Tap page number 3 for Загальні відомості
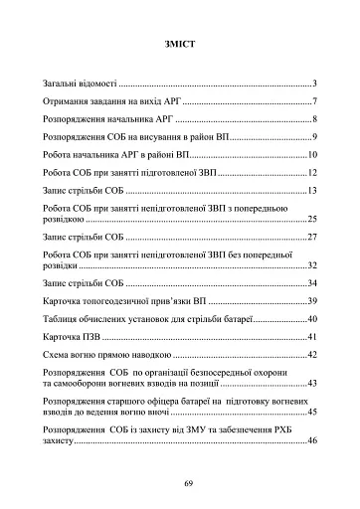point(313,84)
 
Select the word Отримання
point(70,101)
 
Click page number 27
point(311,238)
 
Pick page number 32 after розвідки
point(311,265)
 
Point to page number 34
point(311,283)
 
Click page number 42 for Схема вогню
point(311,355)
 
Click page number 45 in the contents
point(311,412)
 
